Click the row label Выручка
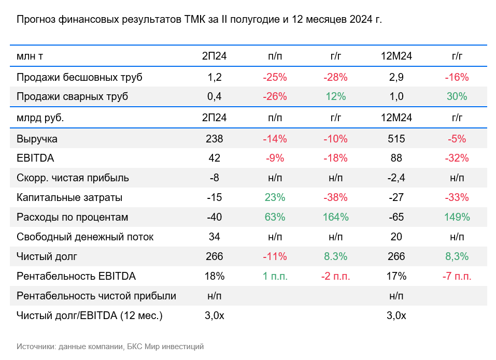point(37,139)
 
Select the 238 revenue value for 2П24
point(214,139)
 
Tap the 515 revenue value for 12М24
point(396,139)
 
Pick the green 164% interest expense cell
point(335,218)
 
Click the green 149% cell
point(457,218)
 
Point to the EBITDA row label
point(35,159)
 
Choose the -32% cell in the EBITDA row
point(457,159)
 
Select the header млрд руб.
point(40,118)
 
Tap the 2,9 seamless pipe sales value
point(396,78)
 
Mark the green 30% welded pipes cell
point(457,97)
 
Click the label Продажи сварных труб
point(72,97)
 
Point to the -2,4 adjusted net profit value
point(396,178)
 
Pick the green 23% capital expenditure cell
point(275,198)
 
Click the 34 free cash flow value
point(214,237)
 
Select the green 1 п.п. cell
point(275,277)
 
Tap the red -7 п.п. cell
point(457,277)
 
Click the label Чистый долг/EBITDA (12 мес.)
point(90,315)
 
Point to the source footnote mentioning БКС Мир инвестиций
point(110,347)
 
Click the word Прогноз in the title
point(36,20)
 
